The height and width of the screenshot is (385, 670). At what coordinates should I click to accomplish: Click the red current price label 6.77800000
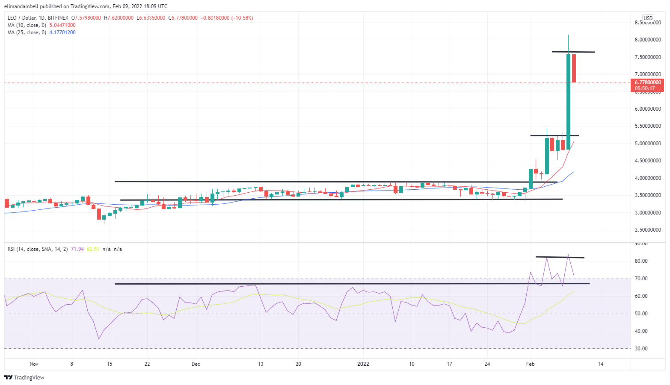[647, 82]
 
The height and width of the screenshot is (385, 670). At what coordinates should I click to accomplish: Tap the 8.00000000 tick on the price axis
[648, 40]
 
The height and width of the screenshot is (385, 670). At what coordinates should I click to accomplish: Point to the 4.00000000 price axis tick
[648, 178]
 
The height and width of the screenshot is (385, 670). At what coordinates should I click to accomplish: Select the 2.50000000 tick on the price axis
[648, 230]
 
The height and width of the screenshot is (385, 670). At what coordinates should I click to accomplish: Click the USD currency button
[648, 18]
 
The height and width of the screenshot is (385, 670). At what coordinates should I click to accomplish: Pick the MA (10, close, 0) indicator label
[27, 25]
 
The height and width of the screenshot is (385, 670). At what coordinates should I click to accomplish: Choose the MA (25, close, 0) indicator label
[27, 32]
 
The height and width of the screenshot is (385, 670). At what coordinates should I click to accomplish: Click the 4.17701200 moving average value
[62, 32]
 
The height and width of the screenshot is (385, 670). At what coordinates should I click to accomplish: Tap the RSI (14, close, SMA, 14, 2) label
[38, 249]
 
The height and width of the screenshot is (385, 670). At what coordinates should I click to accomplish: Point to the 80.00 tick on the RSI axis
[641, 261]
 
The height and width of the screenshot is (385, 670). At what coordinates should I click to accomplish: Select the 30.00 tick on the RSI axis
[641, 349]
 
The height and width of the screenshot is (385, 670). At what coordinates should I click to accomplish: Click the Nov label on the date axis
[34, 364]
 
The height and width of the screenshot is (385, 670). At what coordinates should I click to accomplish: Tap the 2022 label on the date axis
[363, 364]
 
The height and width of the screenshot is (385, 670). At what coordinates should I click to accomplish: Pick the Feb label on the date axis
[530, 364]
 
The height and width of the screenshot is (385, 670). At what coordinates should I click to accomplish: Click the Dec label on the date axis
[196, 364]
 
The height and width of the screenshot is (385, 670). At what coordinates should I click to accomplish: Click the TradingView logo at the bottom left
[24, 378]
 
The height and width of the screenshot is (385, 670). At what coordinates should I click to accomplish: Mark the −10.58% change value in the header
[242, 18]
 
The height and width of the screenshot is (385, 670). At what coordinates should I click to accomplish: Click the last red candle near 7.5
[574, 68]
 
